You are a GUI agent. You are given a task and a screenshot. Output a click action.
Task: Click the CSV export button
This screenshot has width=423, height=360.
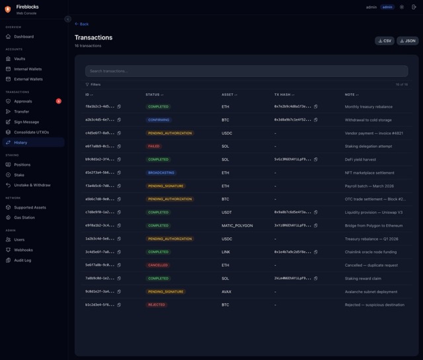(385, 41)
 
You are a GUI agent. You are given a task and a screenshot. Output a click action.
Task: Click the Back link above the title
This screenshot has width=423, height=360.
(82, 24)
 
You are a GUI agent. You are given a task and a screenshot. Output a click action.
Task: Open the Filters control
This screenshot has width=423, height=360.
(93, 85)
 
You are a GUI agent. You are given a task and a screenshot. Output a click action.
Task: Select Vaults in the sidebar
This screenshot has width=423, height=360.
(20, 59)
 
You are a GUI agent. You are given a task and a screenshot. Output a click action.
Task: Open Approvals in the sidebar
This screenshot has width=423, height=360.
(22, 101)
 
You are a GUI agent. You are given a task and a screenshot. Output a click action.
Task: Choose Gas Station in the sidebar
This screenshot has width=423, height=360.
(24, 217)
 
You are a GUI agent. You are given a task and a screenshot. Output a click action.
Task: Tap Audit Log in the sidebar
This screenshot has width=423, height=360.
(22, 260)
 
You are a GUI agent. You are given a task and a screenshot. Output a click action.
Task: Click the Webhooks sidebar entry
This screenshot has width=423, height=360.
(23, 250)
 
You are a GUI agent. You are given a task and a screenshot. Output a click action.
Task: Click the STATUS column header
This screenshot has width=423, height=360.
(154, 94)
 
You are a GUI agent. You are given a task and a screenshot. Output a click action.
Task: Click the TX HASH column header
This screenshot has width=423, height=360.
(284, 94)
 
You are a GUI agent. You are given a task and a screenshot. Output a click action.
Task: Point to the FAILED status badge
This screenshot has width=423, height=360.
(154, 146)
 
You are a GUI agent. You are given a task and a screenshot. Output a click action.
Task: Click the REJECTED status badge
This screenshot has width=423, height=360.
(157, 305)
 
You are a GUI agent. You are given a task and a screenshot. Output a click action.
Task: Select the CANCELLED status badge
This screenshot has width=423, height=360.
(158, 265)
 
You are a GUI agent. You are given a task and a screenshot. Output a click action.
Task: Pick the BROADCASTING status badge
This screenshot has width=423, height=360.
(161, 172)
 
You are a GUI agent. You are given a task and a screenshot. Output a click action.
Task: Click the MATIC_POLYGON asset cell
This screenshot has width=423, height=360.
(237, 225)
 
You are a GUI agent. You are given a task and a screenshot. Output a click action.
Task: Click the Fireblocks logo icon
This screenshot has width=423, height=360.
(7, 9)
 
